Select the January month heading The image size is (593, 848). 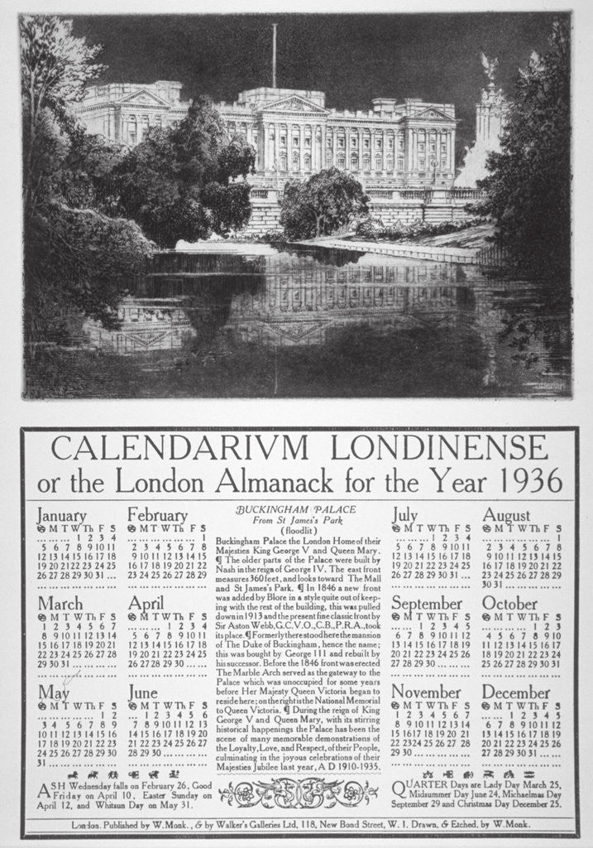(x=61, y=515)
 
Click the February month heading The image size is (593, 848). (x=157, y=515)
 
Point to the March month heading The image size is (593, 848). (x=60, y=603)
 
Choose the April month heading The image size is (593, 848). (x=146, y=603)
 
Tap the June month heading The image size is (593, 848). (x=143, y=692)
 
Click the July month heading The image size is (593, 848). (x=404, y=514)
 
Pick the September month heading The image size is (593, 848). (x=427, y=604)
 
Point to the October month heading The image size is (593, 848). (x=510, y=603)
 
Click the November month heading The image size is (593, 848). (x=426, y=692)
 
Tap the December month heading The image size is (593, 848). (x=516, y=692)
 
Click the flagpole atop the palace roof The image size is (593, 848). (x=274, y=54)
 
